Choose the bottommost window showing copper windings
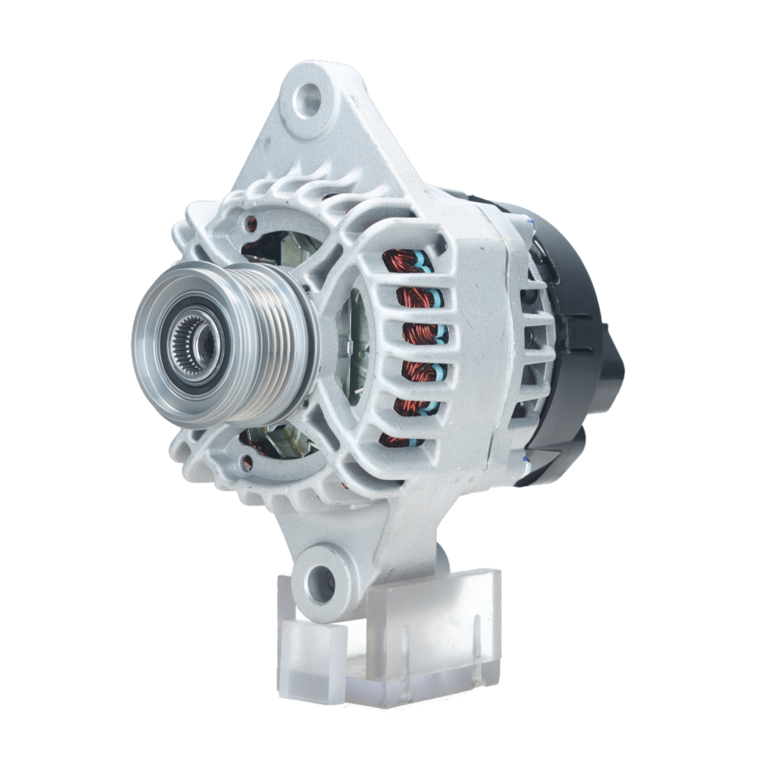click(397, 439)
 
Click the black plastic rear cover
click(579, 303)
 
